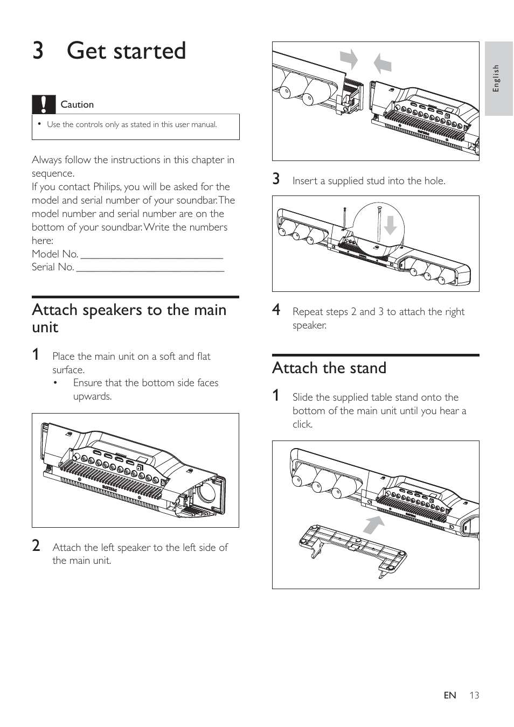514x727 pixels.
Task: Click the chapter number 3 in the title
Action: (38, 51)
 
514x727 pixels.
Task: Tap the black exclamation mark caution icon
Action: (44, 104)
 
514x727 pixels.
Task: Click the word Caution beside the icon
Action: (77, 104)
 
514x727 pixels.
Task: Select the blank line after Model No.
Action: (151, 255)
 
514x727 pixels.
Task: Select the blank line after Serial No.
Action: (150, 268)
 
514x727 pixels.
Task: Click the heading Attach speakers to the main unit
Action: (129, 318)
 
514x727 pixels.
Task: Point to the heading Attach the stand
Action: (329, 368)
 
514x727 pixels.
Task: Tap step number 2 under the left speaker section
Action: (36, 546)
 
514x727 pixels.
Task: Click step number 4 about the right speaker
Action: (276, 310)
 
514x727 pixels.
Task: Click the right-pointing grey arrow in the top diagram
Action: (349, 59)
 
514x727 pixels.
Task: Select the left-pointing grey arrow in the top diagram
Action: (383, 64)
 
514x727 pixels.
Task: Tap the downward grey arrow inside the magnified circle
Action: (391, 225)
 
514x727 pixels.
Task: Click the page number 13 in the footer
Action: (474, 695)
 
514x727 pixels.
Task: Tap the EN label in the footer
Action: (450, 695)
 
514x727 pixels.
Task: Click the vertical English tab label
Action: (497, 78)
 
